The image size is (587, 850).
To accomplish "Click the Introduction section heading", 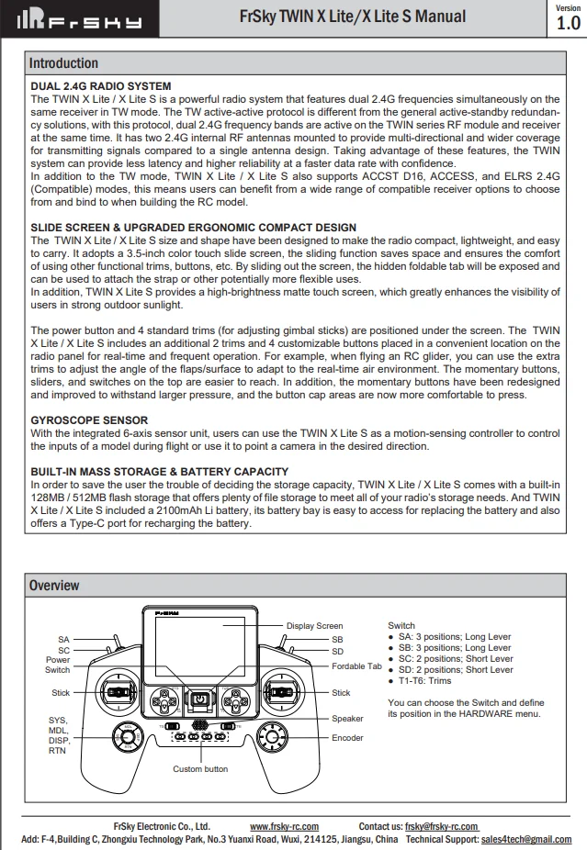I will coord(63,63).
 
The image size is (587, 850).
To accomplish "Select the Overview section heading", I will coord(54,585).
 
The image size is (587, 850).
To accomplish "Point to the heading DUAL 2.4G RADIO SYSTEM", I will coord(101,86).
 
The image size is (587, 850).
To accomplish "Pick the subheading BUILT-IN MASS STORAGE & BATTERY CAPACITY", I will coord(160,471).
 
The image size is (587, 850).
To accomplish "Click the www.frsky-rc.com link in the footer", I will coord(284,826).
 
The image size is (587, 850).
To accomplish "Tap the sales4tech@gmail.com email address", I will coord(525,839).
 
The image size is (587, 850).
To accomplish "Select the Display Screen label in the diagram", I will coord(314,626).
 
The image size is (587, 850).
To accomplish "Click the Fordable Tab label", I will coord(356,665).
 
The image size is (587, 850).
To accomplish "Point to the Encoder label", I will coord(347,737).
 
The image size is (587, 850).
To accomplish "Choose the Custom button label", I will coord(200,769).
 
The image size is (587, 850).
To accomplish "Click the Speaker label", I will coord(347,719).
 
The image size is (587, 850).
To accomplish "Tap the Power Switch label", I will coord(58,665).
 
